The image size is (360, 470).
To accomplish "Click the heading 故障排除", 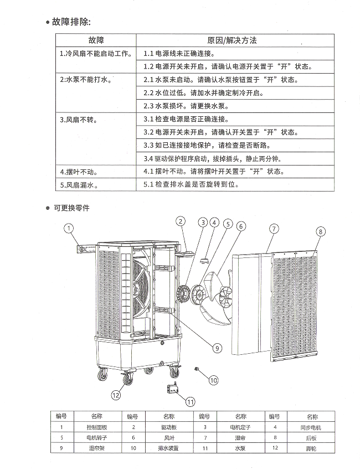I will (71, 22).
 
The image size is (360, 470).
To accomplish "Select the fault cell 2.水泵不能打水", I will (86, 80).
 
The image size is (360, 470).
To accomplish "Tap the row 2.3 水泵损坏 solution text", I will (186, 106).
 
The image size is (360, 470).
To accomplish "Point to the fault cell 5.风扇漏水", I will (79, 185).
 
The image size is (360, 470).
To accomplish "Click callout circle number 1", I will (69, 228).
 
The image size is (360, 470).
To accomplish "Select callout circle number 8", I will (322, 231).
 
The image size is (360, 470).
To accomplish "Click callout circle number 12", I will (115, 395).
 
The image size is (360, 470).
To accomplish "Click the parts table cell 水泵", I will (240, 448).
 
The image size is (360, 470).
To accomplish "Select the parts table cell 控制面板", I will (96, 427).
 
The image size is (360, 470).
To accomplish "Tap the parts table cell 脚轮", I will (311, 448).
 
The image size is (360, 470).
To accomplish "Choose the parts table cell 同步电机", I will (311, 427).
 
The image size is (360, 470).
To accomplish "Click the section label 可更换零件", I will (71, 209).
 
